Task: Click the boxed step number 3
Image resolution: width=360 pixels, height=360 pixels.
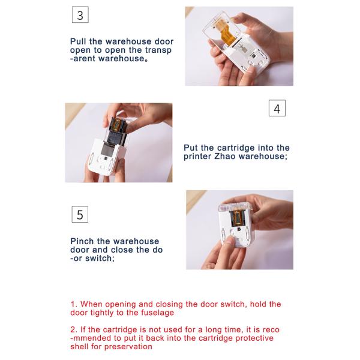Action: pyautogui.click(x=80, y=14)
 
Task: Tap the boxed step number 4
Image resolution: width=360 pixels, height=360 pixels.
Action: pyautogui.click(x=277, y=108)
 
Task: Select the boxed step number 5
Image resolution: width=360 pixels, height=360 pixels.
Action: pyautogui.click(x=80, y=214)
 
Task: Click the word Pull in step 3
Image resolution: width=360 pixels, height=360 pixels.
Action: pyautogui.click(x=78, y=41)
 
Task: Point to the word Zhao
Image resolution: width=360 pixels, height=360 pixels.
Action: pyautogui.click(x=225, y=157)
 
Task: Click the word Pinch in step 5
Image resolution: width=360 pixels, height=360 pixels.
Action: pyautogui.click(x=82, y=241)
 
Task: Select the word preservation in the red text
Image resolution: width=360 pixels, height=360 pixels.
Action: pyautogui.click(x=128, y=347)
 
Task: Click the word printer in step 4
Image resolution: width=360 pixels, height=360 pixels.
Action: pyautogui.click(x=197, y=157)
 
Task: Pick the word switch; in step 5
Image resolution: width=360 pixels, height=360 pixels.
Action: pyautogui.click(x=100, y=259)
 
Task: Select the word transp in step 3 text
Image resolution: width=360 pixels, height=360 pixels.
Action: pyautogui.click(x=158, y=50)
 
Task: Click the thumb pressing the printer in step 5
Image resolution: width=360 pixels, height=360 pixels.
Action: pyautogui.click(x=230, y=241)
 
